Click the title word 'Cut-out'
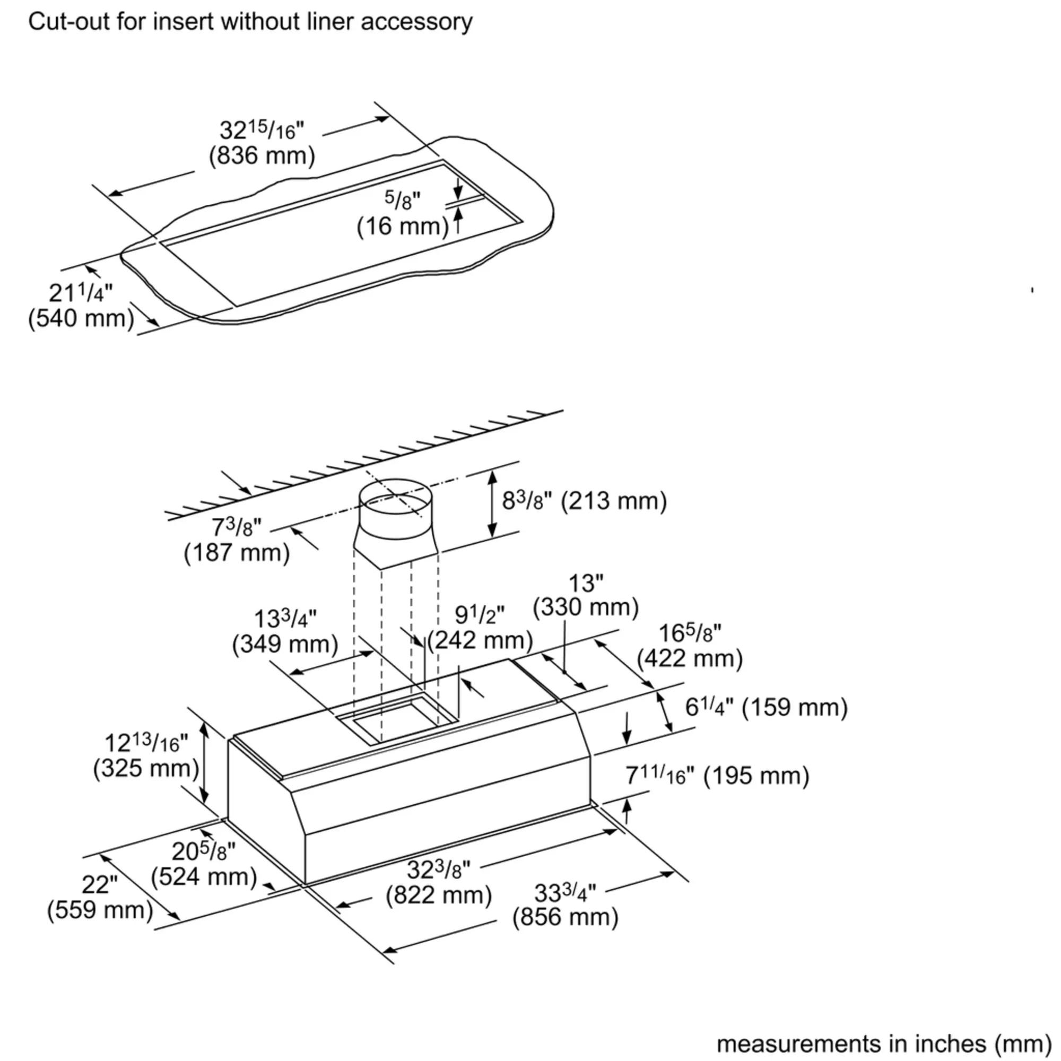pos(59,22)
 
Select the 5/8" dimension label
pos(402,201)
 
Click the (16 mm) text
pos(403,227)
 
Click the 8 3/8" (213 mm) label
pos(584,501)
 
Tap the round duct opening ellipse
pos(395,500)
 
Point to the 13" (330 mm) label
pos(586,595)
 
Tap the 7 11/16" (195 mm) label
pos(717,776)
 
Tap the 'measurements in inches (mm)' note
pos(884,1043)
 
